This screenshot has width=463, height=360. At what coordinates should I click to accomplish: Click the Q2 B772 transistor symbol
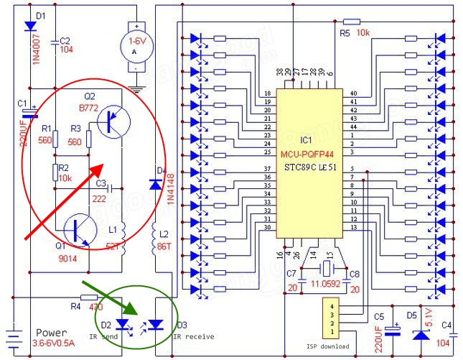point(113,121)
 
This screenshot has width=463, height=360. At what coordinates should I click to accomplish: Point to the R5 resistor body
point(352,22)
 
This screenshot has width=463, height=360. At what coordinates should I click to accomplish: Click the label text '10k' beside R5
point(364,34)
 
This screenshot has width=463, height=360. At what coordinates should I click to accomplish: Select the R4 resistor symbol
point(89,297)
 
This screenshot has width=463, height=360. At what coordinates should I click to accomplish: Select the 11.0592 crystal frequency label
point(327,287)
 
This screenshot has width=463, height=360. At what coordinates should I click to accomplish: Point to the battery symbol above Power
point(12,336)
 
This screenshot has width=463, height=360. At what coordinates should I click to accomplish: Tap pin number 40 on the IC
point(354,94)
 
